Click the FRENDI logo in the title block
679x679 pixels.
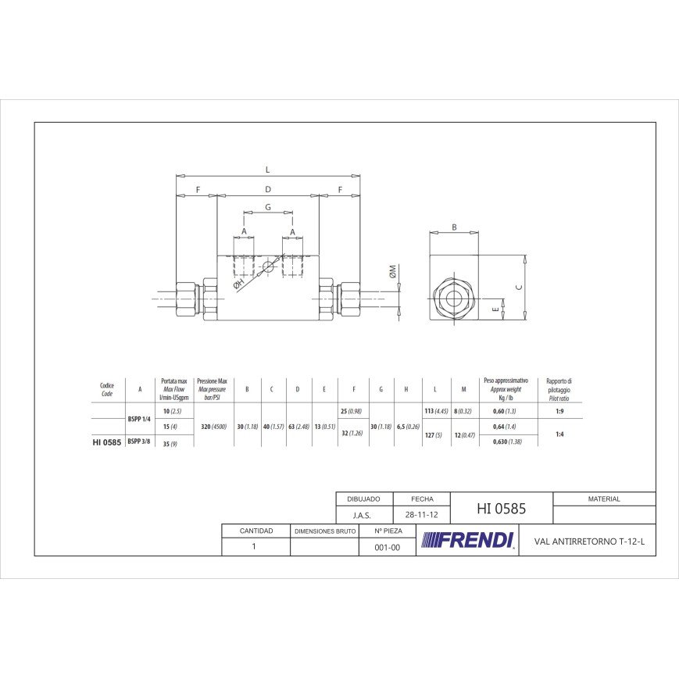(x=467, y=540)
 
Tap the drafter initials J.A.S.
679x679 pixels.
(x=362, y=516)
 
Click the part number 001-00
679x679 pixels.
(x=388, y=548)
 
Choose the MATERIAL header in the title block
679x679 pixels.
(x=603, y=499)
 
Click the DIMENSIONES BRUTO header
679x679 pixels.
(x=324, y=531)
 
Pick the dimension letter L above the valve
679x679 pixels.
(x=267, y=169)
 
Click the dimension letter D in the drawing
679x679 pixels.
(x=267, y=189)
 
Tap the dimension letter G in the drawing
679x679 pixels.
(x=268, y=207)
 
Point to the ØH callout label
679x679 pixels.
(x=238, y=285)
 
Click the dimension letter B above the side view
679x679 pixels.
(x=454, y=227)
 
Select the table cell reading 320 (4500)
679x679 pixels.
(x=213, y=427)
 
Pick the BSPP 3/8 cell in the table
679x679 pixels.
(x=139, y=441)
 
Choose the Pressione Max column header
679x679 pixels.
(x=213, y=388)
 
